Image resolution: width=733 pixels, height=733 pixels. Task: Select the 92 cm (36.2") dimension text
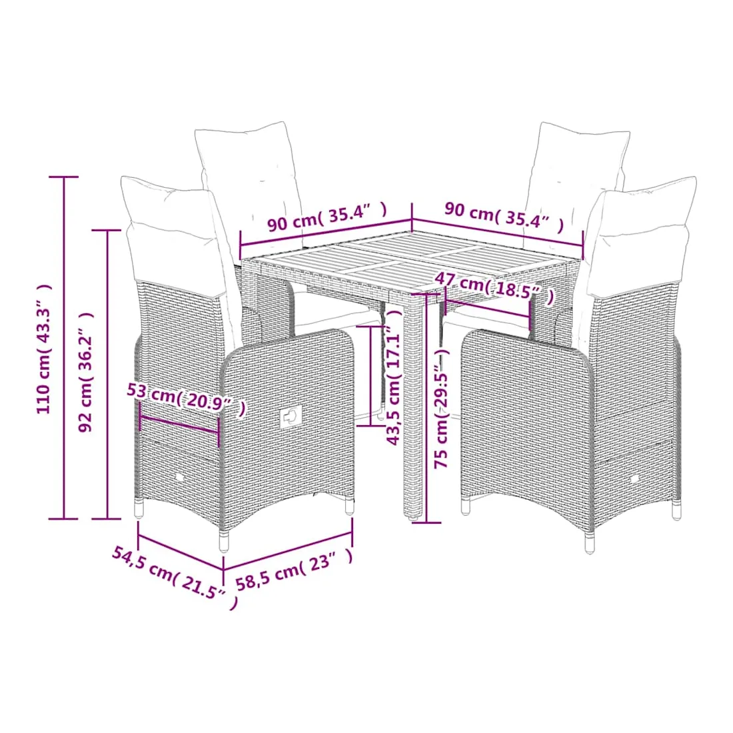(x=86, y=372)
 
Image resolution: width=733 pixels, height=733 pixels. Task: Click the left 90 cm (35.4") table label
(x=327, y=217)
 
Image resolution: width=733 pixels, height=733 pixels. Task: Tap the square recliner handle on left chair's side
(x=291, y=416)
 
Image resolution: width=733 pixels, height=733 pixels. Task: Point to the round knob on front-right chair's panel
(x=634, y=479)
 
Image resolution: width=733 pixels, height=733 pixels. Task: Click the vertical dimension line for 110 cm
(x=63, y=348)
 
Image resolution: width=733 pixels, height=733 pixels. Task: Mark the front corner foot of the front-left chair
(x=225, y=541)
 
